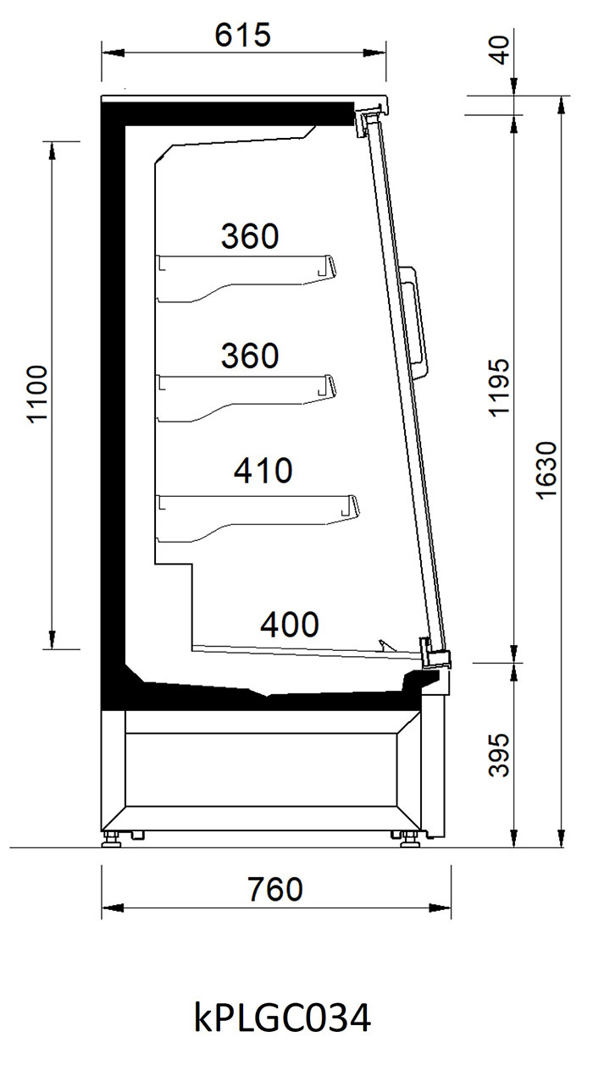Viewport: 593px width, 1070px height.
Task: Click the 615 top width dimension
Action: point(243,35)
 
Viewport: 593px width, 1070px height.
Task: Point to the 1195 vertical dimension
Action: point(500,388)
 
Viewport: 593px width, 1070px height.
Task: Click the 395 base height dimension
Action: point(500,755)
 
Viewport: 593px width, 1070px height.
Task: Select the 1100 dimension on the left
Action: point(37,394)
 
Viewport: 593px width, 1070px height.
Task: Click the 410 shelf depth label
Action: point(263,471)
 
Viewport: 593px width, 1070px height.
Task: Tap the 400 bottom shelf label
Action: point(290,625)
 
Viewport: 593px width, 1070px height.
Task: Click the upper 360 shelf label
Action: point(250,236)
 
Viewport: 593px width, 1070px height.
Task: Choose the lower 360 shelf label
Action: point(250,356)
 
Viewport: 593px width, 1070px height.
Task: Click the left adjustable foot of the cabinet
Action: point(112,838)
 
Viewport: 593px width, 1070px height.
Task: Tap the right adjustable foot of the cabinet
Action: point(409,839)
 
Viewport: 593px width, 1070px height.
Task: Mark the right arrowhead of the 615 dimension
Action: point(374,53)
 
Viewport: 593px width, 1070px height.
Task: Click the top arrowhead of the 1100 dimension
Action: point(52,153)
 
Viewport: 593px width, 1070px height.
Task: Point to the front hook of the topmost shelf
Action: point(327,267)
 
